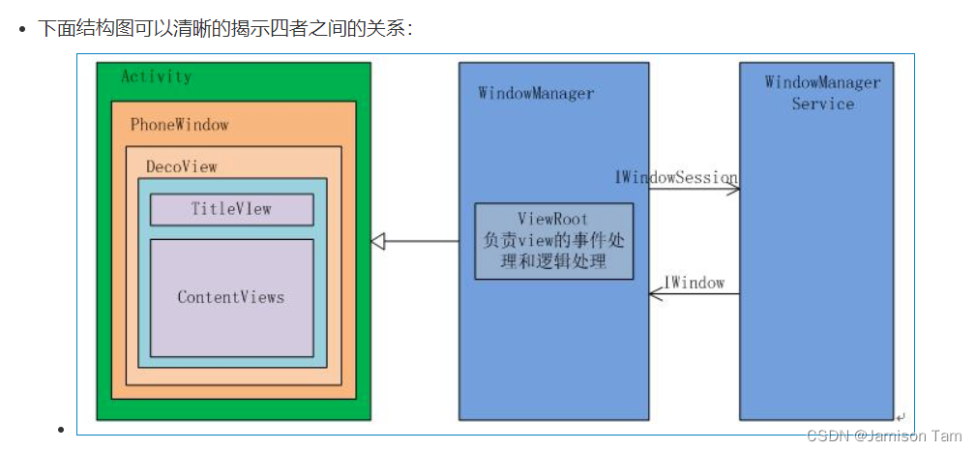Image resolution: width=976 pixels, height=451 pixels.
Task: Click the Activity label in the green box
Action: tap(156, 77)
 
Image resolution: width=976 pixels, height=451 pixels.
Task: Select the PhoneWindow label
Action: tap(179, 125)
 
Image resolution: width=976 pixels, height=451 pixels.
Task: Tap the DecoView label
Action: tap(181, 166)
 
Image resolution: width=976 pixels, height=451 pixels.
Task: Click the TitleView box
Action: tap(231, 209)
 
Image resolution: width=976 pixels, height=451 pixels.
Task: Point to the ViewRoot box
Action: tap(553, 241)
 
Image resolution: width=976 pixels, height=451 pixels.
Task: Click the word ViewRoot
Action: tap(552, 220)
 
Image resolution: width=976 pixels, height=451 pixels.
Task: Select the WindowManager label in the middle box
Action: tap(535, 94)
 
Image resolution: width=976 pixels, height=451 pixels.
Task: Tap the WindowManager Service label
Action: tap(822, 93)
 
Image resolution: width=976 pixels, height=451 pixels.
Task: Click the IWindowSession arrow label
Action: tap(676, 177)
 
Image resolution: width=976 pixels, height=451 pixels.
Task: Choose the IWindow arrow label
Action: tap(694, 283)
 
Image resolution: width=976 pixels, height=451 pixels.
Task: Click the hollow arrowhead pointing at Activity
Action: tap(378, 241)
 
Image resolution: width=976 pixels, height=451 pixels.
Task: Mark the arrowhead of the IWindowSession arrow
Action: tap(734, 189)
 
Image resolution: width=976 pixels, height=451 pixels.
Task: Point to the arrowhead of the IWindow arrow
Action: tap(655, 294)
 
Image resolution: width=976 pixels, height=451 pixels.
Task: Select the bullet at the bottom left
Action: tap(61, 430)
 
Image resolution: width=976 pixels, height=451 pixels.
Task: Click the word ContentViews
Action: tap(231, 297)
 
